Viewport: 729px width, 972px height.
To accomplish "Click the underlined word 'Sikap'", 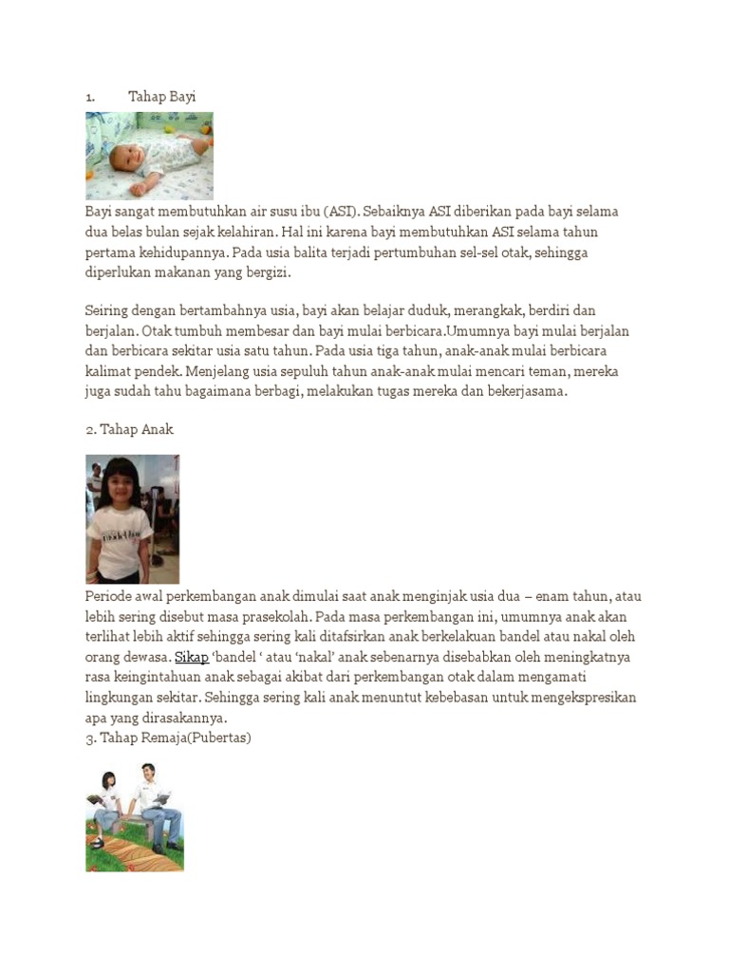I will click(192, 656).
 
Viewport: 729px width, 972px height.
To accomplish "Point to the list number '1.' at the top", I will click(90, 97).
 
